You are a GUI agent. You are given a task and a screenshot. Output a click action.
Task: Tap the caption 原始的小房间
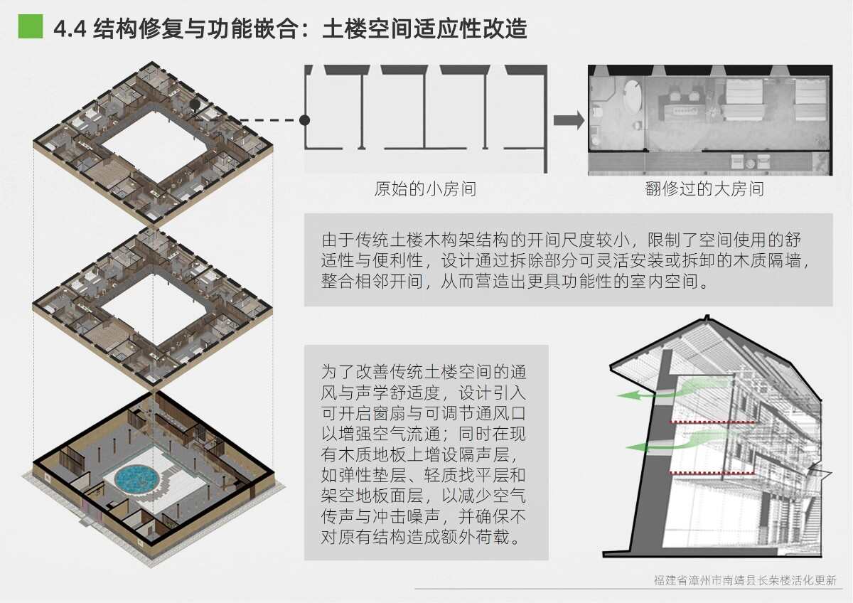pyautogui.click(x=425, y=189)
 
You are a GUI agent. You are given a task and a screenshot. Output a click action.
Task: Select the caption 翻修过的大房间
pyautogui.click(x=704, y=189)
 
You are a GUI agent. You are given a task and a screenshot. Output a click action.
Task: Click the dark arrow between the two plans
pyautogui.click(x=568, y=120)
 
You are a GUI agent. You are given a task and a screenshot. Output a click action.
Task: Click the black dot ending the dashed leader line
pyautogui.click(x=305, y=120)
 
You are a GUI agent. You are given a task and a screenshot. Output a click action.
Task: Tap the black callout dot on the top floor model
pyautogui.click(x=194, y=104)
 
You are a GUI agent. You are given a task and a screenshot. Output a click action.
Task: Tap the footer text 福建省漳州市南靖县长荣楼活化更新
pyautogui.click(x=745, y=580)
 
